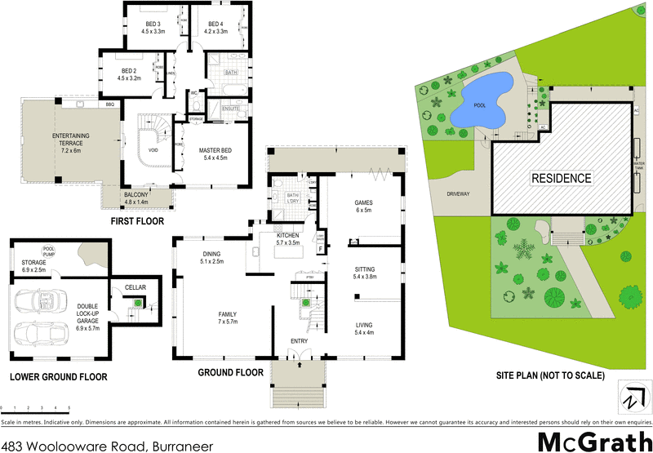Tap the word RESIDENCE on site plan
tap(562, 177)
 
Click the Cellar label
tap(134, 287)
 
